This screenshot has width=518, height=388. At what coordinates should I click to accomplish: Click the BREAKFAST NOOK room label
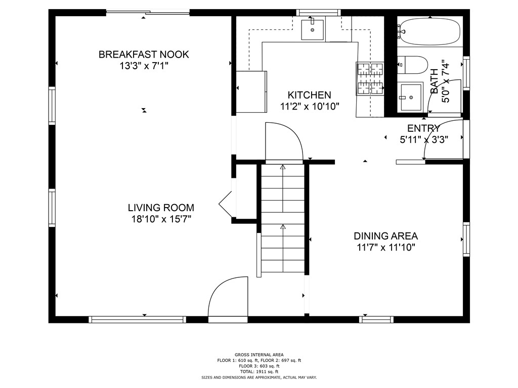(x=144, y=55)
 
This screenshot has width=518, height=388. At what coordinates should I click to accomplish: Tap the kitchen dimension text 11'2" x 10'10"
(x=310, y=107)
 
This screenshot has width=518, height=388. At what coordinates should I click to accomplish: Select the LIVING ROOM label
(x=161, y=208)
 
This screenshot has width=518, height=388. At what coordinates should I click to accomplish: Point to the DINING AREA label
(x=385, y=236)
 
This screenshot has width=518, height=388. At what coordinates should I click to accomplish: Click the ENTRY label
(x=423, y=128)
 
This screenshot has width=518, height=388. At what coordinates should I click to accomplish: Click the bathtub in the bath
(x=429, y=31)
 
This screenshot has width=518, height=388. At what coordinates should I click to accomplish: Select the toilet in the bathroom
(x=413, y=65)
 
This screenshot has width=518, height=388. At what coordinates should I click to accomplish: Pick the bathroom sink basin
(x=411, y=98)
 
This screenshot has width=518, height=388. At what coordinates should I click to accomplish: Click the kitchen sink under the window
(x=312, y=30)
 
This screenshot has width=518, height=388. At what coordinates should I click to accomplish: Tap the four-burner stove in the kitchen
(x=370, y=78)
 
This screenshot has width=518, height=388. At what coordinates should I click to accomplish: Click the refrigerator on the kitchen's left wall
(x=251, y=91)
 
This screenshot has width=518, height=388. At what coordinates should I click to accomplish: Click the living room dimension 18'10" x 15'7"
(x=161, y=219)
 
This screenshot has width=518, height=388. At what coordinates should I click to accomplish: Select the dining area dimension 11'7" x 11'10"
(x=385, y=247)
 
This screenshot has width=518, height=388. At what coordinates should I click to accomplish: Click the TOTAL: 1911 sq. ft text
(x=259, y=371)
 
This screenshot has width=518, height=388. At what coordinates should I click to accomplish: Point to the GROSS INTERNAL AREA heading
(x=259, y=355)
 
